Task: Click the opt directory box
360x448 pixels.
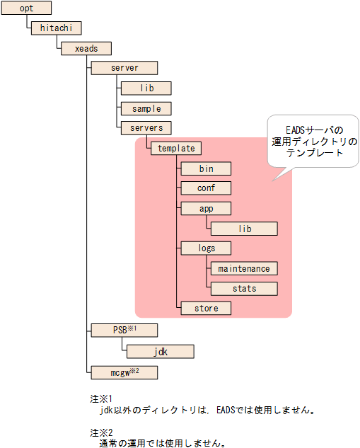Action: (x=27, y=8)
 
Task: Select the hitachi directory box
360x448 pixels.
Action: (x=56, y=28)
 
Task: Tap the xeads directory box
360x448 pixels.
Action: (x=86, y=48)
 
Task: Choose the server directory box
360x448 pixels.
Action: (x=124, y=68)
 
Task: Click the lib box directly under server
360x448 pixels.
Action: (x=146, y=88)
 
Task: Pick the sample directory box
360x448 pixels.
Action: (x=146, y=108)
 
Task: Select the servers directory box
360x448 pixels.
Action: (x=146, y=128)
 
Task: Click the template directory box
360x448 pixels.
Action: (x=176, y=149)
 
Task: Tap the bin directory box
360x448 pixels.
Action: (x=206, y=168)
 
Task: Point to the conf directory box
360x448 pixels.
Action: (x=206, y=188)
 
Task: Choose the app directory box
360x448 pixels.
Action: (x=206, y=209)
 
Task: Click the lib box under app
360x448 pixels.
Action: (x=244, y=229)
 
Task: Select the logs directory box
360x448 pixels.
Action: (x=206, y=248)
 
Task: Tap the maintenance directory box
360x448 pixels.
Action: (x=244, y=269)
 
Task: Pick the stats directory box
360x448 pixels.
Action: (x=244, y=289)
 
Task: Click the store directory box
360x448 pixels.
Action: (x=206, y=309)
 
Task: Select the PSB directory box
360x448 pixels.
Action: (x=124, y=330)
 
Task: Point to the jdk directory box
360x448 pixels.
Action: (x=160, y=351)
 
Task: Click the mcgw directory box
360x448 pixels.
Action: (x=124, y=372)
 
